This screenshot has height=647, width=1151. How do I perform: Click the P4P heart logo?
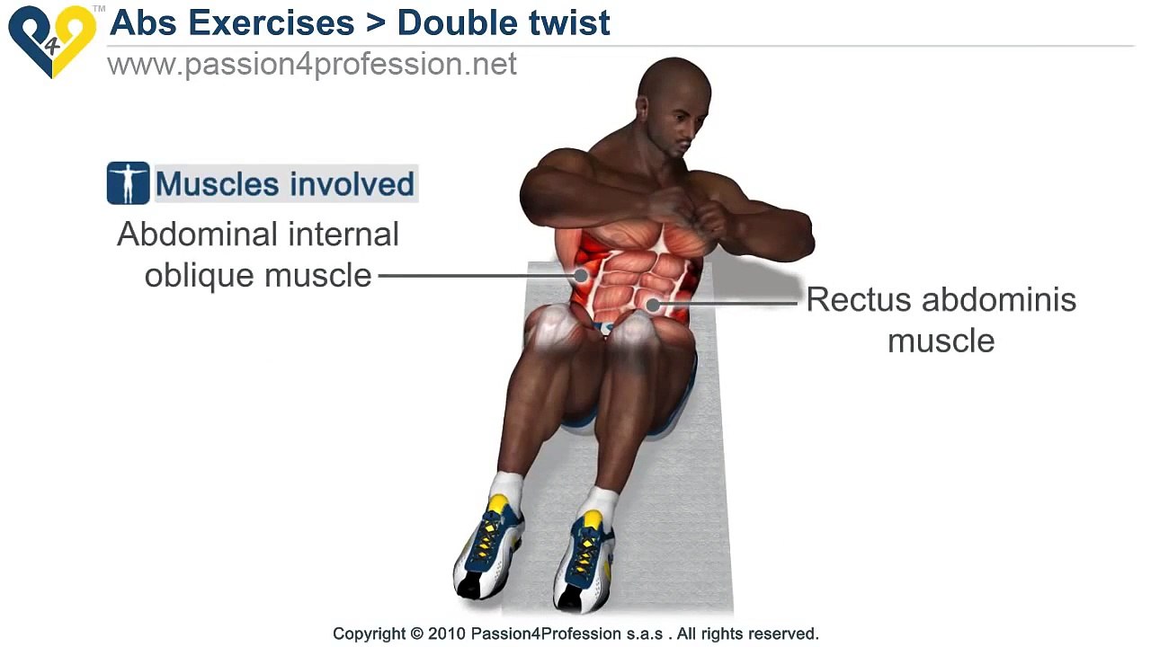tap(51, 40)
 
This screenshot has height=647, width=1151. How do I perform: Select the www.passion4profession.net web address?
tap(311, 65)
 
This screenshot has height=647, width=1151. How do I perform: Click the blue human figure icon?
tap(128, 183)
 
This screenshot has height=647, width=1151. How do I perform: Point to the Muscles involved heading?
tap(284, 184)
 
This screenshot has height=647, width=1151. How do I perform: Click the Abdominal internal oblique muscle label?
tap(258, 254)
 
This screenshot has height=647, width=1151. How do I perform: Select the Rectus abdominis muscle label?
tap(941, 319)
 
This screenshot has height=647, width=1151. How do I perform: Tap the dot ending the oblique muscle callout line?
tap(581, 275)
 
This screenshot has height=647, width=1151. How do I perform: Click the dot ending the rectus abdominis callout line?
tap(654, 305)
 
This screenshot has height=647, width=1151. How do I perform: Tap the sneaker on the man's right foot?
tap(488, 548)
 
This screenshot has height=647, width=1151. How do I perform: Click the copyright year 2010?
tap(448, 634)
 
